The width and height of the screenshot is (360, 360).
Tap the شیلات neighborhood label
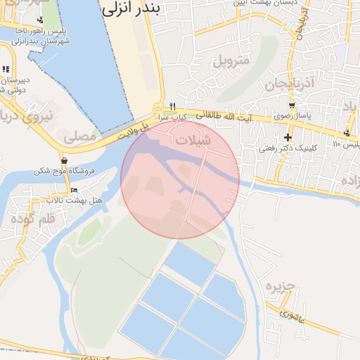(193, 140)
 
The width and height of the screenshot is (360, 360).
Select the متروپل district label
(231, 60)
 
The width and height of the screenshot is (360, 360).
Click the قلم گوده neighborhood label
(33, 219)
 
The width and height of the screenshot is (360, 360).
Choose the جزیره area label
(278, 287)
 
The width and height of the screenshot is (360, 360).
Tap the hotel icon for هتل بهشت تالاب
(75, 191)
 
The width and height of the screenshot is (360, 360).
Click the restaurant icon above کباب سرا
(172, 106)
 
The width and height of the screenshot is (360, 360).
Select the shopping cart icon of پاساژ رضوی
(292, 106)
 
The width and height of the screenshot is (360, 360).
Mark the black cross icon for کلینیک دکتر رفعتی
(288, 137)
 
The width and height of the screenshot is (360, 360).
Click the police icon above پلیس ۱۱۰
(347, 133)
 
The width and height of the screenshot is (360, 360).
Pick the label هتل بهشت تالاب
(75, 201)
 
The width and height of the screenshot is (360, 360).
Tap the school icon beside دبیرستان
(6, 69)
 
